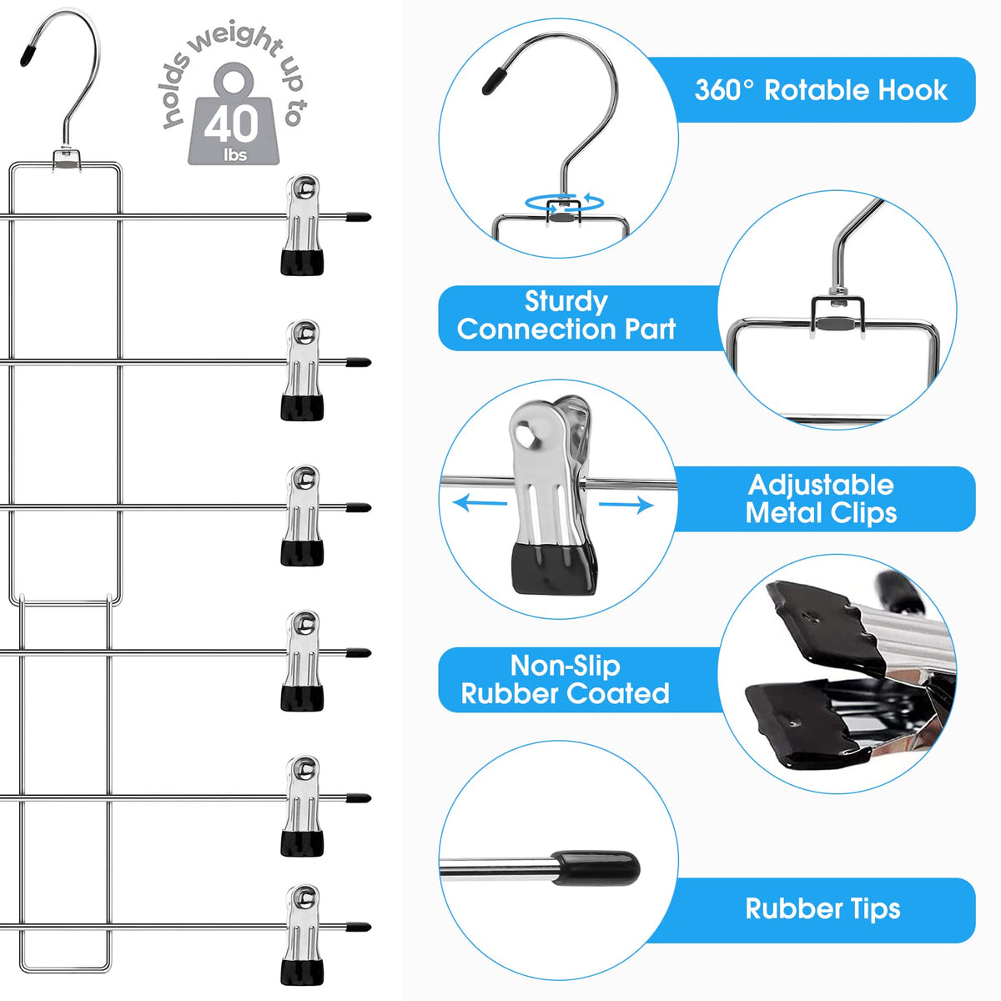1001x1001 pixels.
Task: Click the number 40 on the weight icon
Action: click(231, 125)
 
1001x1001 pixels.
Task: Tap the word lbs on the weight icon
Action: click(235, 155)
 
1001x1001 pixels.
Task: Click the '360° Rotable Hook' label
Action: click(821, 90)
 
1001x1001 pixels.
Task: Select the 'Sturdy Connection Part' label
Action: click(566, 316)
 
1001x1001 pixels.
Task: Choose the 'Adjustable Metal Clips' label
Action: click(821, 499)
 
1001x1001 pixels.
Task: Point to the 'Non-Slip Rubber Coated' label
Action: click(566, 680)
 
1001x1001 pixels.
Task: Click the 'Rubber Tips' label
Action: click(822, 909)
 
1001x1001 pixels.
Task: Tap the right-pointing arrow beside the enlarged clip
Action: click(626, 505)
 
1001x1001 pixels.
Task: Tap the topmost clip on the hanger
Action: click(302, 224)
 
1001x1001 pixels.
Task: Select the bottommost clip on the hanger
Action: click(302, 934)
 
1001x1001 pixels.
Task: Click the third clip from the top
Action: click(302, 515)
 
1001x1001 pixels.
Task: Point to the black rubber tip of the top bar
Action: click(359, 217)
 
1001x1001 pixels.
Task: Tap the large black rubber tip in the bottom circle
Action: click(597, 868)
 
